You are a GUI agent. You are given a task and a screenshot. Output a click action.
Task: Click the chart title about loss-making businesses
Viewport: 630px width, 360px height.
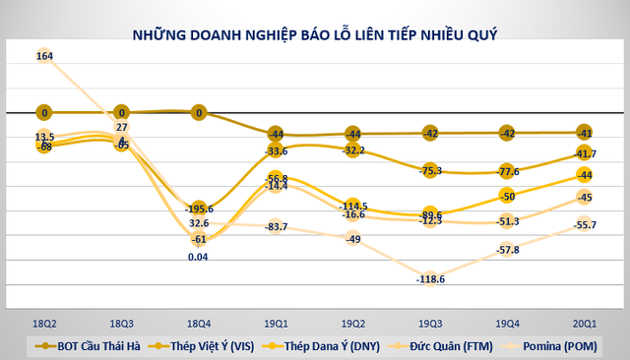click(315, 35)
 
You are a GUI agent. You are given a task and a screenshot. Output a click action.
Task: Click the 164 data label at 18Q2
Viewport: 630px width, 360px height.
click(44, 56)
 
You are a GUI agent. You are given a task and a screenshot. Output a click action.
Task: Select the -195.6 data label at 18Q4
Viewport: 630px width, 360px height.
click(200, 209)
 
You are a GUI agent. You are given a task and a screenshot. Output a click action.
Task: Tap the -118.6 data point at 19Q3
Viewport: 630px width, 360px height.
click(429, 278)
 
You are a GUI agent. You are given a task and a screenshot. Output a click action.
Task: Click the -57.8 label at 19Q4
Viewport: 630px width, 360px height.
click(507, 250)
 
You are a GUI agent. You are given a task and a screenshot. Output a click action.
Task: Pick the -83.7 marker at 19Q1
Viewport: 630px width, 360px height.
click(276, 227)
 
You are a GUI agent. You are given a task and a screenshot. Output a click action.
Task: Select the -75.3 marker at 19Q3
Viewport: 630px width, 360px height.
click(429, 170)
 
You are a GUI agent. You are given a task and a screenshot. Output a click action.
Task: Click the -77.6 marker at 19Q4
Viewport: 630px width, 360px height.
click(507, 171)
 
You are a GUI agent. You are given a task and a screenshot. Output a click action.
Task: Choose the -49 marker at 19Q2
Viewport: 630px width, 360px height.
click(352, 239)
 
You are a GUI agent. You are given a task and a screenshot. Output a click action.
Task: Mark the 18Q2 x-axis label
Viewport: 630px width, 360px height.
click(44, 323)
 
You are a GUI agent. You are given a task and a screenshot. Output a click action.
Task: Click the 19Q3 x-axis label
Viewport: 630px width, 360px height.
click(429, 323)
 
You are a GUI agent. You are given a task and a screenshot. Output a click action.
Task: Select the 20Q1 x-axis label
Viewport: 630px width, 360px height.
click(584, 323)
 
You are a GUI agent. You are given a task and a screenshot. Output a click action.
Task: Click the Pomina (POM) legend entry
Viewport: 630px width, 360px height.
click(557, 346)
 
